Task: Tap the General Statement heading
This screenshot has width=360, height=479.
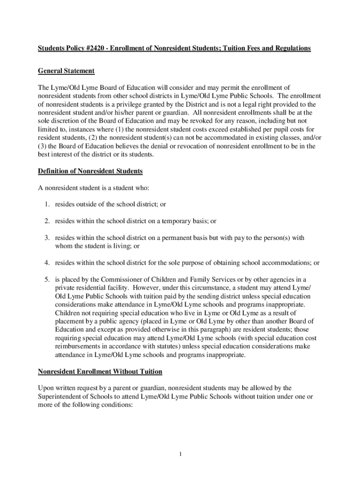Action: pyautogui.click(x=66, y=71)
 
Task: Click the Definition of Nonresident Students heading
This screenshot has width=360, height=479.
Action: pyautogui.click(x=90, y=171)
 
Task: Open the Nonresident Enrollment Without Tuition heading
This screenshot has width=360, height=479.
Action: pyautogui.click(x=100, y=371)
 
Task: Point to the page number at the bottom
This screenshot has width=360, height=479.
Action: pyautogui.click(x=180, y=454)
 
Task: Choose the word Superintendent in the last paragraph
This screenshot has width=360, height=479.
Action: pyautogui.click(x=65, y=396)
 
